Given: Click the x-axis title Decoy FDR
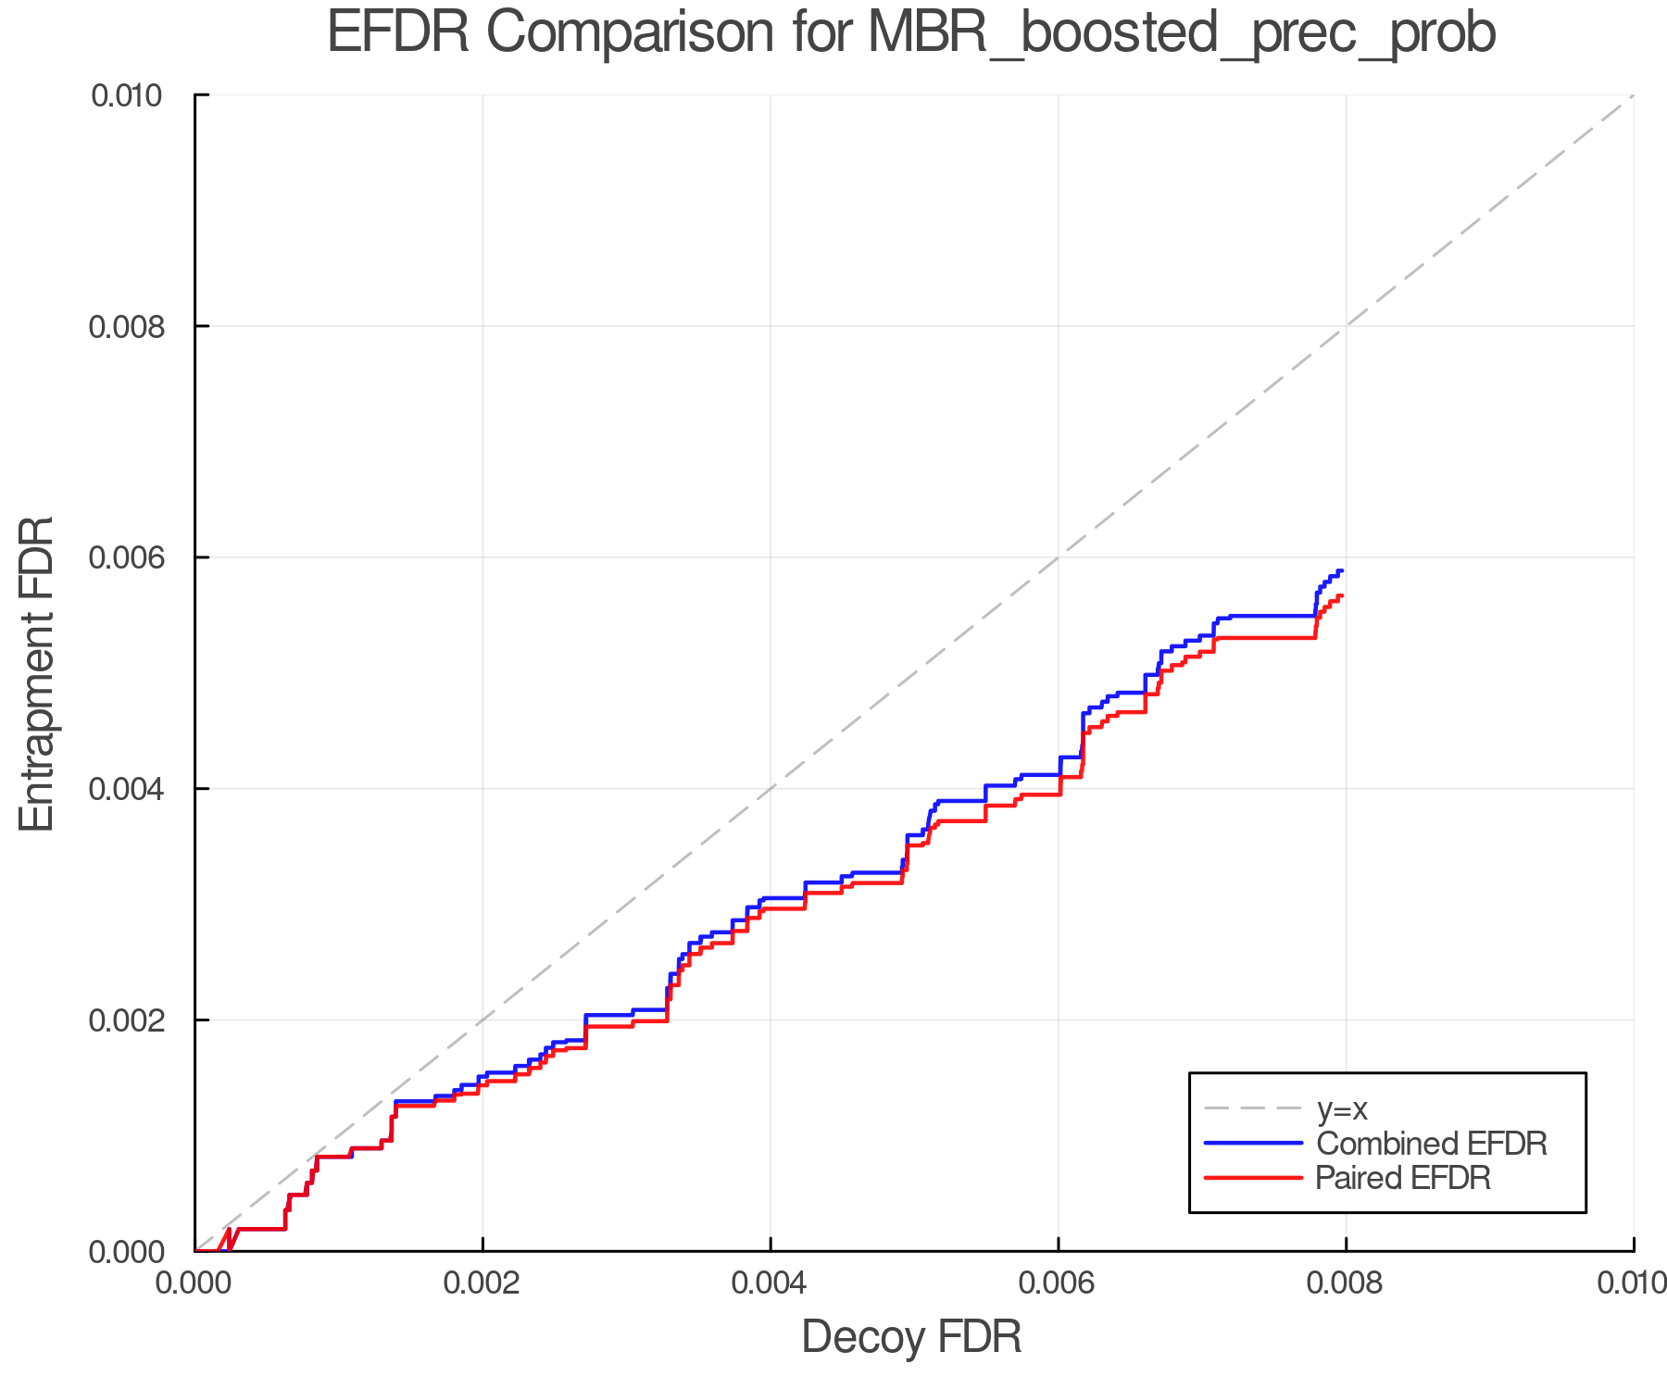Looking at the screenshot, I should point(911,1337).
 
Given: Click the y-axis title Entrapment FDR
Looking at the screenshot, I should point(37,673).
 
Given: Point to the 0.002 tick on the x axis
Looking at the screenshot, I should point(483,1283).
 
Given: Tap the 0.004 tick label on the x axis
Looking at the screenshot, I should point(771,1283).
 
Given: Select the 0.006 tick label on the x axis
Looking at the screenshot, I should point(1058,1283).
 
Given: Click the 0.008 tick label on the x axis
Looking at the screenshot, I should point(1346,1283).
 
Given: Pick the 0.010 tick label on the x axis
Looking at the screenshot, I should point(1632,1283).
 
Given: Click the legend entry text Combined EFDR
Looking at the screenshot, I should point(1431,1144).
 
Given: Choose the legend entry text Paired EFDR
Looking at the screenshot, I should point(1403,1178).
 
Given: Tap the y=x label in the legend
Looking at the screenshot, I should point(1342,1109).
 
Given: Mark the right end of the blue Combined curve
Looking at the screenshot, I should point(1341,570).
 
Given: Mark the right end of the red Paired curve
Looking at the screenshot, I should point(1341,595).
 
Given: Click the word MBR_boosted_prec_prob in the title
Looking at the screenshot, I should point(1181,33).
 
